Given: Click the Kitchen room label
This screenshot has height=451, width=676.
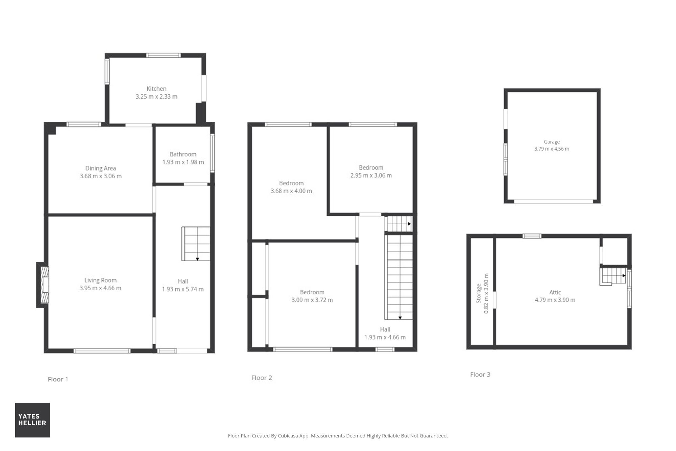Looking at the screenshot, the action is [x=156, y=89].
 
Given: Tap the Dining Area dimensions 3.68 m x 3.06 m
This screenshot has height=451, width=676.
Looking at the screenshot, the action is [x=101, y=176].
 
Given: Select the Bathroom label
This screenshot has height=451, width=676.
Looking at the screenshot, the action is [x=183, y=154].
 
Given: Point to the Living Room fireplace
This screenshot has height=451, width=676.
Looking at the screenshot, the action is [x=43, y=285].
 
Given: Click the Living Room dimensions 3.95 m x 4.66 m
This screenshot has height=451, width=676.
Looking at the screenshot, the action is [x=100, y=288].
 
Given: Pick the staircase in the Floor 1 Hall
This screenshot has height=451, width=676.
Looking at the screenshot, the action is [x=196, y=244].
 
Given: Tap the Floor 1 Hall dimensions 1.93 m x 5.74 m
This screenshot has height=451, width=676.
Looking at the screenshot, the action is [x=183, y=289].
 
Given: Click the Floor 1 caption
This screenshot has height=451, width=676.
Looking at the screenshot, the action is [x=58, y=379].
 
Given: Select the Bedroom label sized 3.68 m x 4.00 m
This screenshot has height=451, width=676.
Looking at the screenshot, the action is [x=291, y=183].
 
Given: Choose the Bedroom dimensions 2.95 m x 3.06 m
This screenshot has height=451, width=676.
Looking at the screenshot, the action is [x=371, y=175].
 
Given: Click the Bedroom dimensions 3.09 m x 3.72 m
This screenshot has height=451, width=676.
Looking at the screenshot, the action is [x=312, y=300].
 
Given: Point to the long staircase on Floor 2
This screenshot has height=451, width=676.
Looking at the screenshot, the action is [x=399, y=277].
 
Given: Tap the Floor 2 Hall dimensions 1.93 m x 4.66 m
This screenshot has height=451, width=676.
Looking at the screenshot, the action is [x=385, y=337].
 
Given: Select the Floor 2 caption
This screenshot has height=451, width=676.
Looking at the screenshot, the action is [x=262, y=378].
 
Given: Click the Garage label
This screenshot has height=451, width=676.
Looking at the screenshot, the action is [x=552, y=142].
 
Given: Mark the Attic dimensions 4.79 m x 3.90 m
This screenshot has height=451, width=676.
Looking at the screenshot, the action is [x=555, y=300].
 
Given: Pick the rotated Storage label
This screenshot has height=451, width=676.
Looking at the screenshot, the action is [x=479, y=293].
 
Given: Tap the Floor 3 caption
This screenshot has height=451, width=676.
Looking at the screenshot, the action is [x=480, y=374].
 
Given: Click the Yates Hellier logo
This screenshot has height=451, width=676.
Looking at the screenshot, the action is [x=32, y=420].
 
